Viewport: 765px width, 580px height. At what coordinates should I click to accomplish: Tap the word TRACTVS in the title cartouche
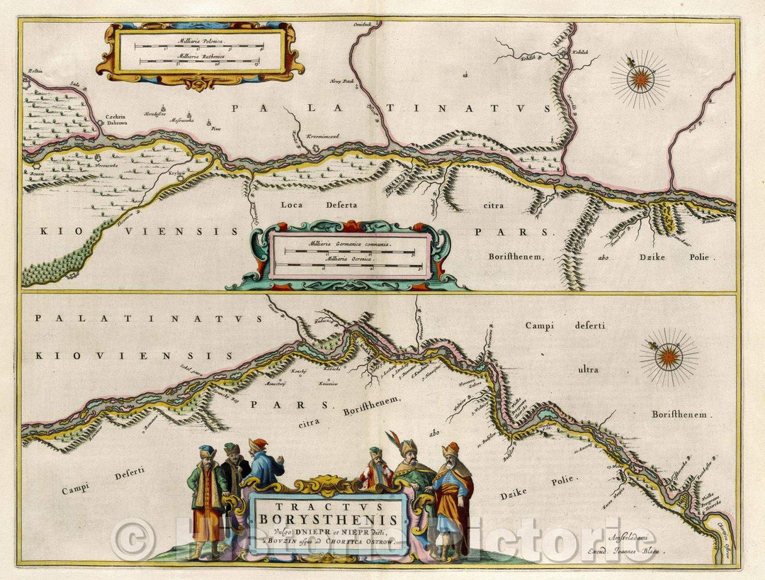pyautogui.click(x=328, y=506)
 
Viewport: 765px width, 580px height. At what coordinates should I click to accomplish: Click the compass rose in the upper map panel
pyautogui.click(x=640, y=79)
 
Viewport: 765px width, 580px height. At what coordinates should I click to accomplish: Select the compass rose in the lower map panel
pyautogui.click(x=668, y=357)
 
